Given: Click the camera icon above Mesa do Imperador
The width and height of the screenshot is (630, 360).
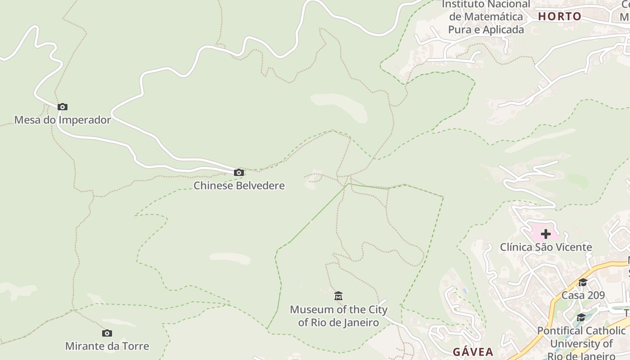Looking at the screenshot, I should point(63,107).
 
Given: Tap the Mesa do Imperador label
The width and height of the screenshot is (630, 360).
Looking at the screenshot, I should point(63,120).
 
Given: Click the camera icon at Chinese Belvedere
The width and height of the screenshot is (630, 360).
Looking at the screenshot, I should point(239,172).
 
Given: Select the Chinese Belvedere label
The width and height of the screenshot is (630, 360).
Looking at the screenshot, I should point(239,185).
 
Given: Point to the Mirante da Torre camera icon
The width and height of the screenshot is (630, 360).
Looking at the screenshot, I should point(107,333).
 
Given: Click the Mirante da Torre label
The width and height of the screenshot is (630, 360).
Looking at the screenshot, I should point(107,346).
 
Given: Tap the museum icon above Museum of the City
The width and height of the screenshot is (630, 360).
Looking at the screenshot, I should point(338,296).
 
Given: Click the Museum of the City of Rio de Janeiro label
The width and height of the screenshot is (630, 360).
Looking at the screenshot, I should point(338,316).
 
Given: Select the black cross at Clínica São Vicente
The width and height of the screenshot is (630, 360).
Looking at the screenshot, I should point(546,234).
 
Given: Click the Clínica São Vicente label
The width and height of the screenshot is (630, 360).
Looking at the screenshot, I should point(546,247).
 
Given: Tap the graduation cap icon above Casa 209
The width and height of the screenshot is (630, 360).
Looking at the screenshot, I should point(583,283).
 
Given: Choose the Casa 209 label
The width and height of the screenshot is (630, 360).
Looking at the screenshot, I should point(583,295).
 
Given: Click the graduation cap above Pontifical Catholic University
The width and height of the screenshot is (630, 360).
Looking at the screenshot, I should point(581,318).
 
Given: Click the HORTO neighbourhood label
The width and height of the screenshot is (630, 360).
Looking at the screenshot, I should point(560,17).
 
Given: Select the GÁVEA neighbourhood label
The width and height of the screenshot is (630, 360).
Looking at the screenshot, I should point(473,352).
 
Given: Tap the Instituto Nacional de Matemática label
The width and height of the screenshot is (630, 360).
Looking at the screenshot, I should point(486,17).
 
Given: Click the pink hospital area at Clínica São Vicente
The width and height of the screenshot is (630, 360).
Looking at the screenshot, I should point(535,232).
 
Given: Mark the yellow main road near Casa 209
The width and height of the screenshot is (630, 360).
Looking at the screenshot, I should point(558,297).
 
